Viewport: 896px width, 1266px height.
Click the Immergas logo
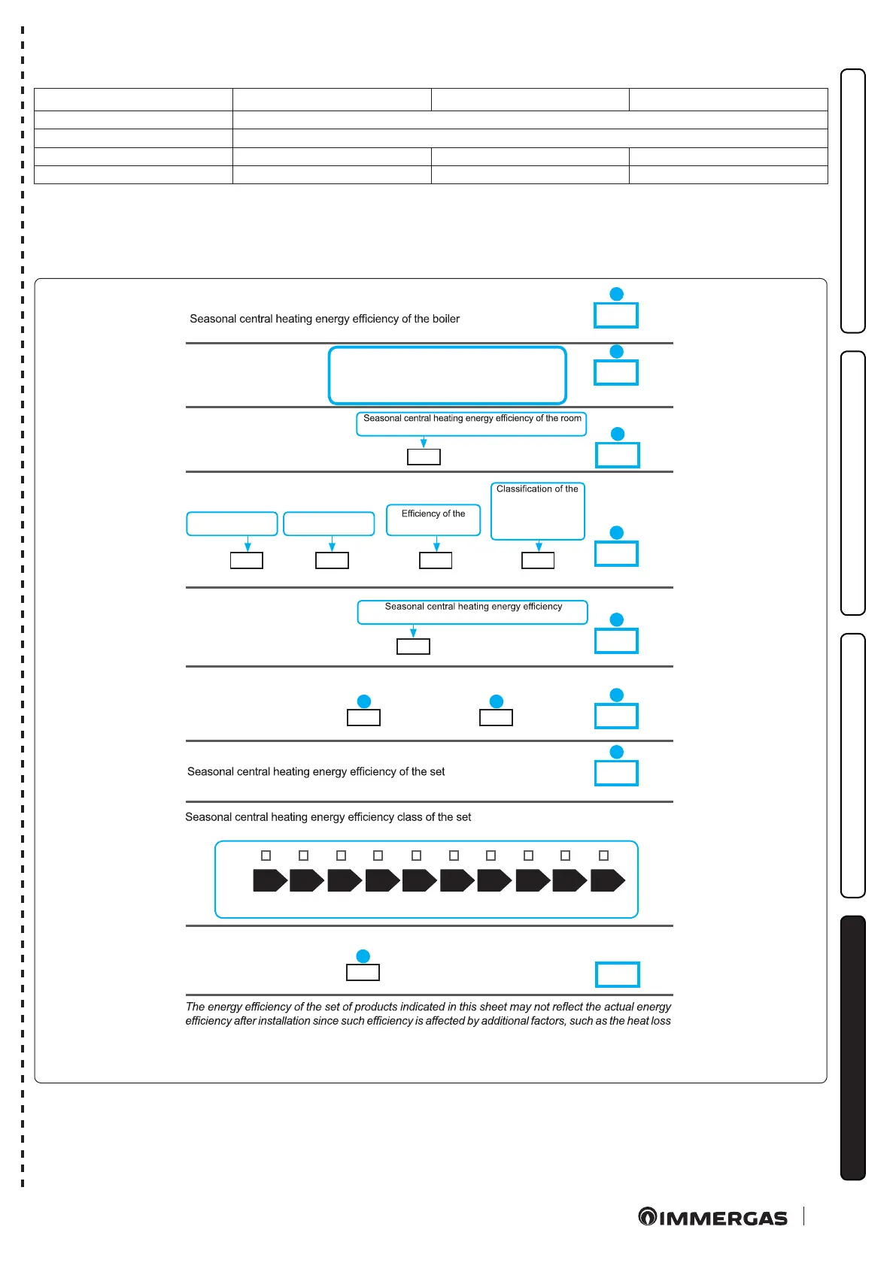tap(712, 1217)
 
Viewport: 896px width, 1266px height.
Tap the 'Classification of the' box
tap(537, 511)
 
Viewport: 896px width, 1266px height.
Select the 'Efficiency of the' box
tap(433, 519)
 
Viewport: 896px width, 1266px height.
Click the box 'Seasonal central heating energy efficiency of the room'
tap(471, 423)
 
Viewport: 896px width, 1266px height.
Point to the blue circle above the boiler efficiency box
tap(616, 294)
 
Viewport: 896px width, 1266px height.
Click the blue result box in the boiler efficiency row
tap(616, 316)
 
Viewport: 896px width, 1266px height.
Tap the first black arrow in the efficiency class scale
tap(270, 880)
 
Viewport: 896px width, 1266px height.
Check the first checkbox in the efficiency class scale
tap(266, 856)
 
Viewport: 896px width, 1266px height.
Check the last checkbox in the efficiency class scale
tap(603, 856)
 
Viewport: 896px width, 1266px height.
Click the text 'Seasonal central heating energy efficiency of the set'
tap(316, 771)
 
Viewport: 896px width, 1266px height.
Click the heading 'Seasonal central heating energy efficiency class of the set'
tap(328, 817)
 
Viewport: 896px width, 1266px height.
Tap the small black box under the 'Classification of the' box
tap(538, 560)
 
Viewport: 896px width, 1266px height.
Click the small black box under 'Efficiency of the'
tap(436, 560)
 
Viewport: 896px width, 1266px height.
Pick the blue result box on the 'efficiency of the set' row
tap(616, 773)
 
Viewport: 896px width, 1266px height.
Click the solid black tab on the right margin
tap(852, 1047)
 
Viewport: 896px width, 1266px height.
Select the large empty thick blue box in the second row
tap(447, 375)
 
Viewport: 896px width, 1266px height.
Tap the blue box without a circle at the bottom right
tap(617, 974)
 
